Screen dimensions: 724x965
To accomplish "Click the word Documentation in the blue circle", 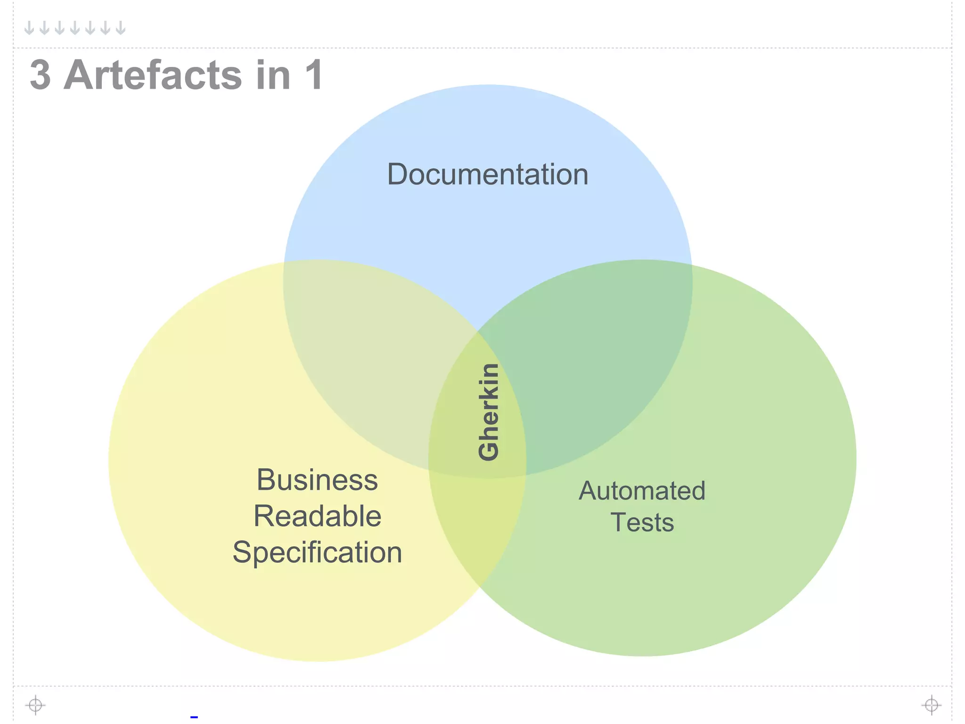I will tap(488, 174).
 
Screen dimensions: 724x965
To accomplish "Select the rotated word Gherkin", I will tap(488, 412).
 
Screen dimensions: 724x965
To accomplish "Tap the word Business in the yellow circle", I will tap(317, 480).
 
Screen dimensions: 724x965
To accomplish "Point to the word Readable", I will tap(317, 516).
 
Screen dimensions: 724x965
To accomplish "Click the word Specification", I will tap(317, 552).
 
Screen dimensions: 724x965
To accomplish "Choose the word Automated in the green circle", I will tap(642, 491).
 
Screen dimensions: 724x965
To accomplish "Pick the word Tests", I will tap(642, 522).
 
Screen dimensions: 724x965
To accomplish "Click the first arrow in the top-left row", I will tap(29, 28).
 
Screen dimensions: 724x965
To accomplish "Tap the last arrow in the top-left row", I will tap(121, 28).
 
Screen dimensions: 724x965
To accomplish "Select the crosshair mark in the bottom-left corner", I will tap(35, 705).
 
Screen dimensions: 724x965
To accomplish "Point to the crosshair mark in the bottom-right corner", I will tap(931, 705).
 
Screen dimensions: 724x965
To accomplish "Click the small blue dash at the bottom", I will tap(194, 717).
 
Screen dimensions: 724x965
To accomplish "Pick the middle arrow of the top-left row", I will tap(75, 28).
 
